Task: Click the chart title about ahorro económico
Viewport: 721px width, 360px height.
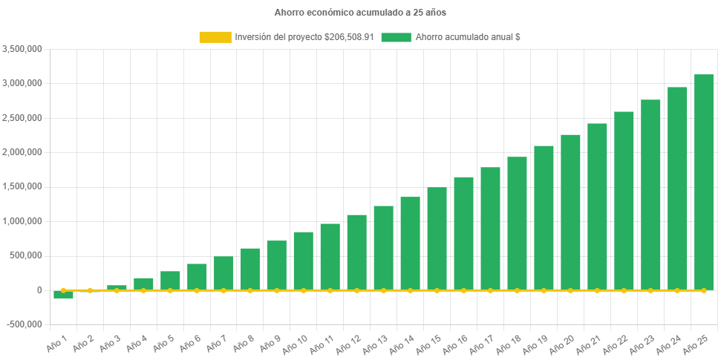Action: click(x=360, y=13)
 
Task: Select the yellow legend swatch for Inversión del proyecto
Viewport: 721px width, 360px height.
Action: click(x=215, y=37)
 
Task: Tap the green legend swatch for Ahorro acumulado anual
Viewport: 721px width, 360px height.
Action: click(x=396, y=37)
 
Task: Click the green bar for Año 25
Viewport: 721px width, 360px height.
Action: click(x=703, y=182)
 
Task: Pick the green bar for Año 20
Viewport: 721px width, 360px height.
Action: click(x=570, y=212)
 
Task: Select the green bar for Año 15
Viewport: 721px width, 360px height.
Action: click(x=437, y=238)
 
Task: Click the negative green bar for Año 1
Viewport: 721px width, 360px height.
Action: click(x=63, y=295)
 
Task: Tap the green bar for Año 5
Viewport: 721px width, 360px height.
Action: click(x=170, y=281)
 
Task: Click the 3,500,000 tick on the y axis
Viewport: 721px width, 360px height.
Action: click(x=22, y=49)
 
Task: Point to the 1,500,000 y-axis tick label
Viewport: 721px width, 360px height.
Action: click(x=22, y=187)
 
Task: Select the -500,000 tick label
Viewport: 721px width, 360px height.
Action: click(x=24, y=324)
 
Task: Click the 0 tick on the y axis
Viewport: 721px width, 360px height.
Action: click(x=38, y=290)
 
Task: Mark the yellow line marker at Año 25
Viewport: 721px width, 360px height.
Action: click(x=703, y=290)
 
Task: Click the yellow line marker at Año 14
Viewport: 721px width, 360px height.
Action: click(x=410, y=290)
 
